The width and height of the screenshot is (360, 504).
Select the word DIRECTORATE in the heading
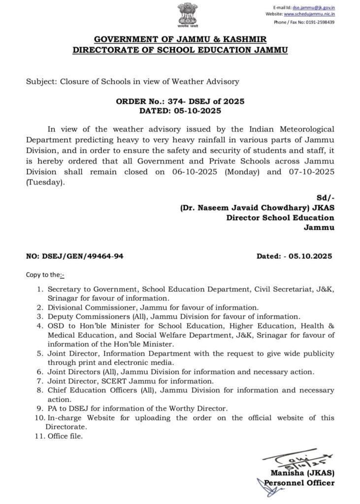(105, 50)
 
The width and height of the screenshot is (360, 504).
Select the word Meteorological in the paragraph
(307, 129)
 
